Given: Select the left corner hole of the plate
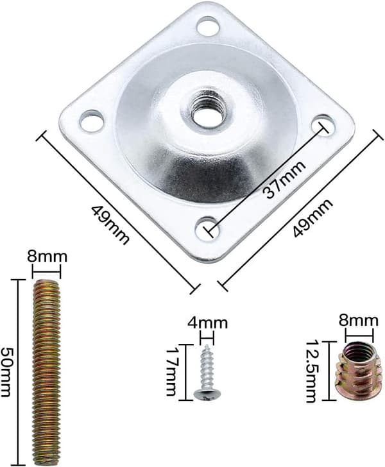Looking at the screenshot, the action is pos(92,121).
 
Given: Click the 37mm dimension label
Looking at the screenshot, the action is pos(284,180).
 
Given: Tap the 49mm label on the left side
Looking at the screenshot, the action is pos(110,225).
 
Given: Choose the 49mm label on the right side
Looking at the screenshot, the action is pos(312,218).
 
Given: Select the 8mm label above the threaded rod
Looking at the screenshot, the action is pos(47,257).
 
